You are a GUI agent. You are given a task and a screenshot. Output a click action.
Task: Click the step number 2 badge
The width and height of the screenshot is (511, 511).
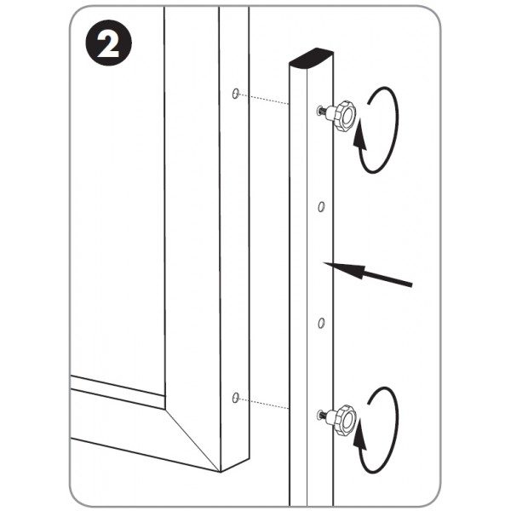click(108, 43)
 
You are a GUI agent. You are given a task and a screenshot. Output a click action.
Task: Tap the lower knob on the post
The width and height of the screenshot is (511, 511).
click(343, 420)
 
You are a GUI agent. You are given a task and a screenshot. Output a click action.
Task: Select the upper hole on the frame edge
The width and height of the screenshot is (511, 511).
click(235, 94)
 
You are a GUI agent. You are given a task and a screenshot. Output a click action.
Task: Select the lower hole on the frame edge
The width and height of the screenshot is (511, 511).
click(235, 398)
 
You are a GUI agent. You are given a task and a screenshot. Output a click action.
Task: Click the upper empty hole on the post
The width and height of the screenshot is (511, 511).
click(321, 206)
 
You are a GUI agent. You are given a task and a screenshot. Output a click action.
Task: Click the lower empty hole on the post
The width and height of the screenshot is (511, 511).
click(321, 323)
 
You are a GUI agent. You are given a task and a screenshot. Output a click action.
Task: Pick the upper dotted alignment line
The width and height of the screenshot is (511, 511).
click(264, 99)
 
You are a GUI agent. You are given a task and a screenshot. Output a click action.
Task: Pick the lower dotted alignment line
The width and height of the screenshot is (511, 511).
click(264, 403)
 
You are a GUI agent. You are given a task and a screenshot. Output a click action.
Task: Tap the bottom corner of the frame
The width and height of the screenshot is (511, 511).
click(221, 472)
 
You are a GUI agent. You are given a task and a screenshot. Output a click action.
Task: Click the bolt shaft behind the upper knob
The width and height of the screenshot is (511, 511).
click(324, 111)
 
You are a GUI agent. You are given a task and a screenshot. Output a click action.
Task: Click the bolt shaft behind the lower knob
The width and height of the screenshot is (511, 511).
click(324, 415)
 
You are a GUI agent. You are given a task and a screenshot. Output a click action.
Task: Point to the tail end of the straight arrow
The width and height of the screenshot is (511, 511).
click(411, 284)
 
